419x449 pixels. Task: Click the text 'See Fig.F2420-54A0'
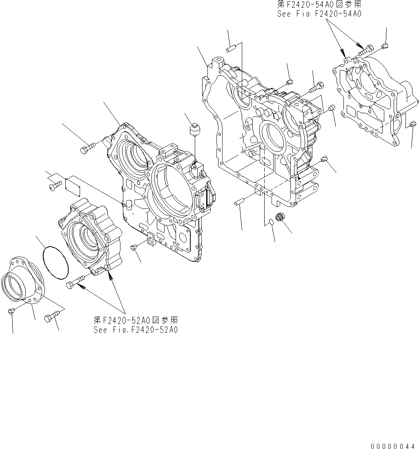[319, 13]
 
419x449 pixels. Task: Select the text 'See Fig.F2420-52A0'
[136, 330]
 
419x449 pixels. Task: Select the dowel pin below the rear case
[240, 202]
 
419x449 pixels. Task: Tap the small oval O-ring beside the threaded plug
[269, 222]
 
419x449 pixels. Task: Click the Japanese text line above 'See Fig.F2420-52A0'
[136, 320]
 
